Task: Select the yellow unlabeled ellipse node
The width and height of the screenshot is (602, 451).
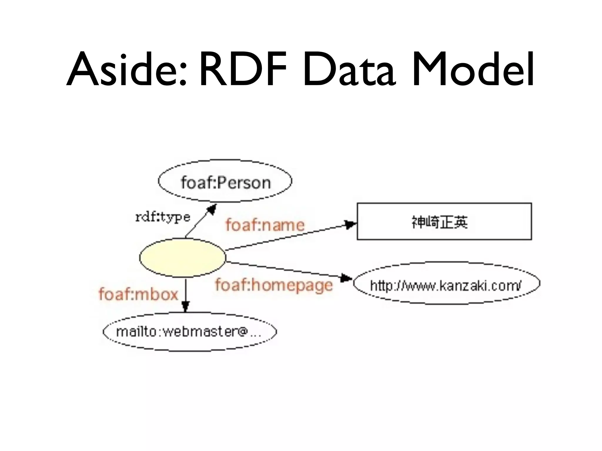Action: (182, 258)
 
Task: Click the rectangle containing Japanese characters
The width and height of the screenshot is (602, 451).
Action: (444, 221)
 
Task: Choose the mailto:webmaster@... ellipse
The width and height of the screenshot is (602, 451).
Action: (190, 332)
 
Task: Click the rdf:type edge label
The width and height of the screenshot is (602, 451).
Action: (163, 217)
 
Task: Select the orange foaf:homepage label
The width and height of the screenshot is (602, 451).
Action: (274, 285)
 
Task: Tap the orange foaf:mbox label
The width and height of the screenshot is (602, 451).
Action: (138, 294)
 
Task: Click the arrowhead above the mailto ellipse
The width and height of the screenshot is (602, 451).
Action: (185, 307)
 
